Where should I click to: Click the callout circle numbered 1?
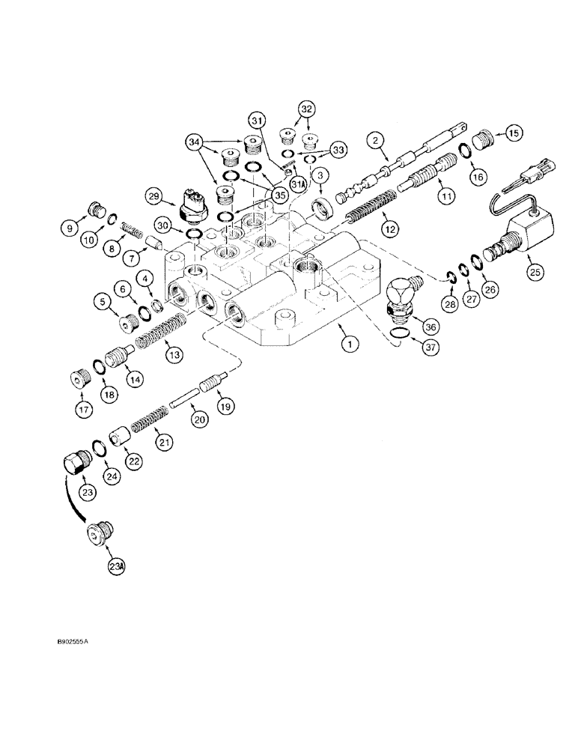[348, 345]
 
